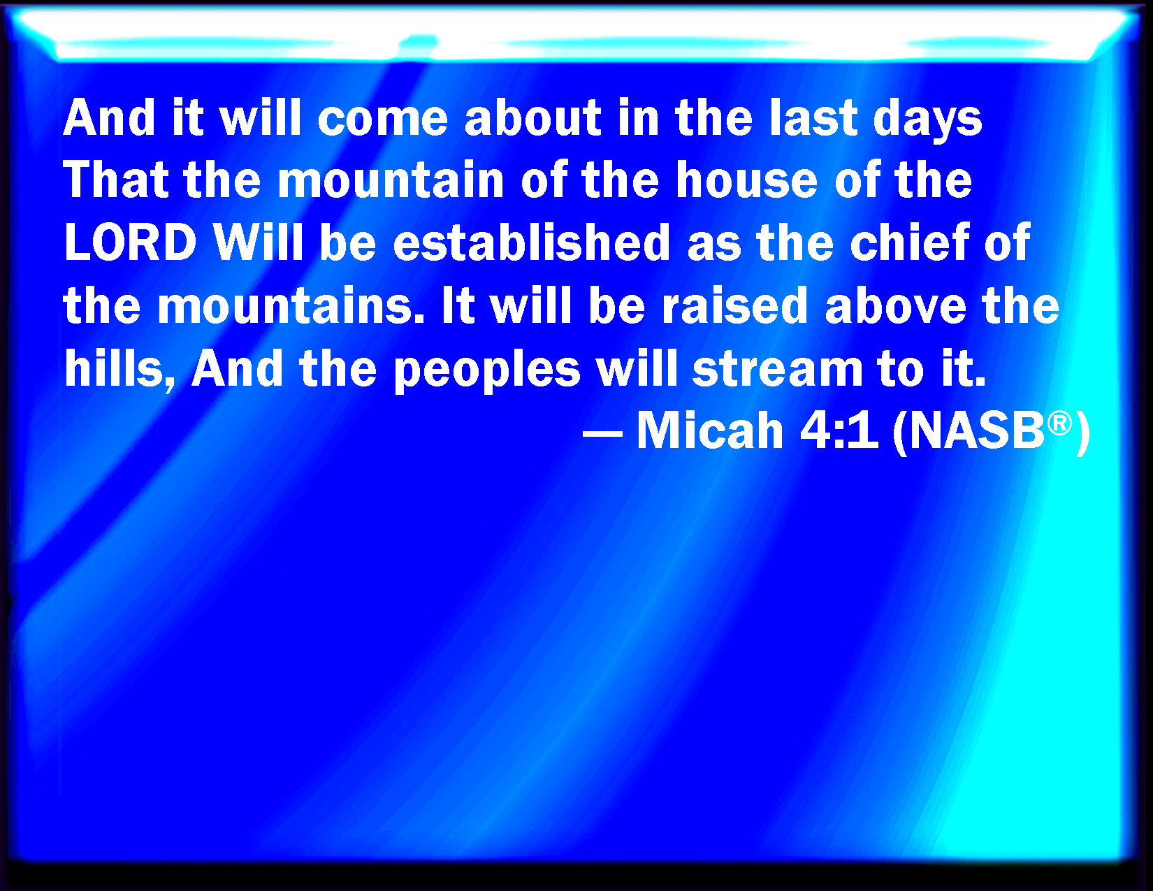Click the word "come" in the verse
tap(382, 117)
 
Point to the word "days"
tap(927, 119)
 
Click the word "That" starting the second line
tap(116, 180)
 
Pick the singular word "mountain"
tap(391, 180)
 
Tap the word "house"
tap(746, 180)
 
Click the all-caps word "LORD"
tap(130, 242)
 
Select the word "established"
tap(532, 242)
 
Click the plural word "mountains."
tap(291, 305)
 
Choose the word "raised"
tap(735, 305)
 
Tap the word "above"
tap(896, 305)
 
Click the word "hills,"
tap(119, 370)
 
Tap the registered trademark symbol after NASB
tap(1059, 425)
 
